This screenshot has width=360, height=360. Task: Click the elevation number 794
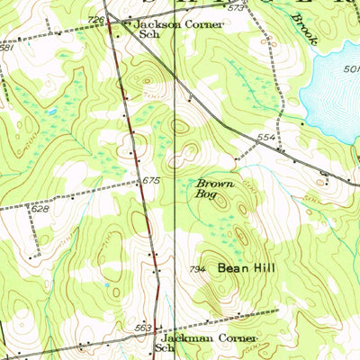coord(199,270)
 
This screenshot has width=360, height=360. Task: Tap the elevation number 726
coord(96,20)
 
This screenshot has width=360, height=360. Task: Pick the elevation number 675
coord(150,182)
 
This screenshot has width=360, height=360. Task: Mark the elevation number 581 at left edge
coord(5,48)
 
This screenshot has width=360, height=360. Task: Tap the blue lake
coord(333,99)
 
